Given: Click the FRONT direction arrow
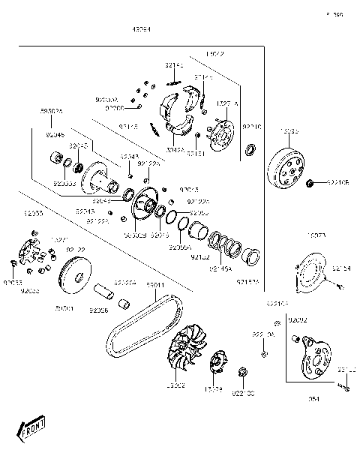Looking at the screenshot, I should pos(32,430).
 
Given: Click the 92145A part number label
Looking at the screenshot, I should pos(220,268).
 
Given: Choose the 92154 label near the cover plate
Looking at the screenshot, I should pos(342,268).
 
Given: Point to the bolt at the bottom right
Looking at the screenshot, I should pos(345,386).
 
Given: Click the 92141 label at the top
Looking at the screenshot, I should pos(174,66).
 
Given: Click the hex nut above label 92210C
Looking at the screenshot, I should pos(242,371).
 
